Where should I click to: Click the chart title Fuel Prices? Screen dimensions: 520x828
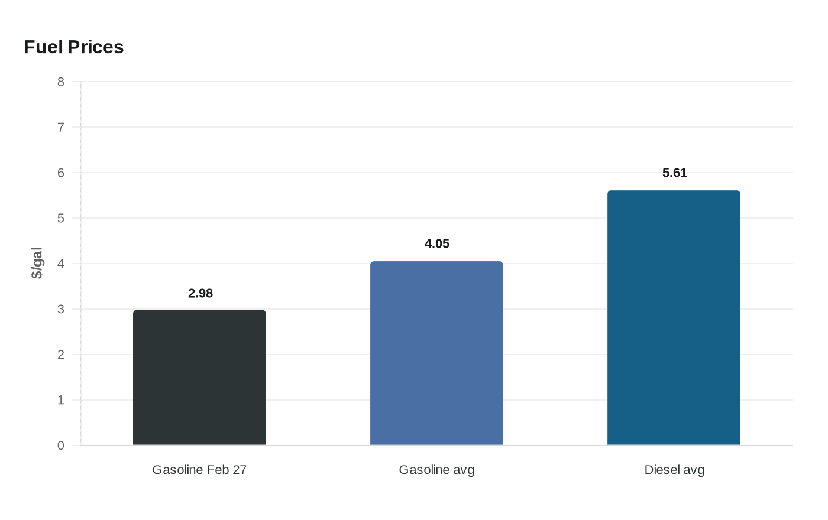click(x=74, y=47)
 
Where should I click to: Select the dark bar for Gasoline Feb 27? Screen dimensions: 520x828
click(x=199, y=378)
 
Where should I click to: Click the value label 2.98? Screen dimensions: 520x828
click(x=200, y=293)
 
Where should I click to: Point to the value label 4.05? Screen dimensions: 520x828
click(x=437, y=243)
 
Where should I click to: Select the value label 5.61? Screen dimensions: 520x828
click(x=675, y=173)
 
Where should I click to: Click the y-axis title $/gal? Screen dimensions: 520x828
click(x=37, y=263)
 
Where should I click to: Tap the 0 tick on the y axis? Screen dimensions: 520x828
click(x=61, y=446)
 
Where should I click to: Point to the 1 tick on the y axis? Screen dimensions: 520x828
click(x=61, y=400)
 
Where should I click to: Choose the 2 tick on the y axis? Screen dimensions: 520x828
click(x=61, y=355)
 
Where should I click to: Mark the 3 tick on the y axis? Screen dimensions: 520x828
click(x=61, y=309)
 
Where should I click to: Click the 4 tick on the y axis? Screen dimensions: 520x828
click(x=61, y=264)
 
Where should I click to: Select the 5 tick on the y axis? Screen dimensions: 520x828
click(x=61, y=218)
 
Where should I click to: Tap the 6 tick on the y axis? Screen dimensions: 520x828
click(x=61, y=173)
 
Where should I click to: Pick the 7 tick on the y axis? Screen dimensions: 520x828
click(x=61, y=127)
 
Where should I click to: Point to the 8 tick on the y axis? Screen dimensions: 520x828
click(x=61, y=82)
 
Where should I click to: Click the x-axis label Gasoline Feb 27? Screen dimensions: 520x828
click(x=199, y=470)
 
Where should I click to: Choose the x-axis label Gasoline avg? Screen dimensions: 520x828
click(x=436, y=470)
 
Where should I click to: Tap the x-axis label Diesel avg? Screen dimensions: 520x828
click(x=674, y=470)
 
